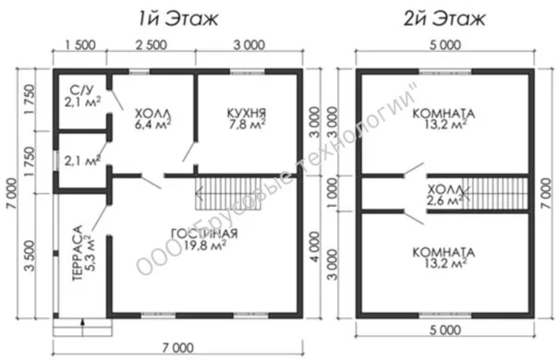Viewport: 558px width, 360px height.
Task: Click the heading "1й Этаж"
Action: (x=178, y=18)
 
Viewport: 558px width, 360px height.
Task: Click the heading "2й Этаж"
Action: (x=445, y=18)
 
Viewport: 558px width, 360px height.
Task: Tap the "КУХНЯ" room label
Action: (x=247, y=114)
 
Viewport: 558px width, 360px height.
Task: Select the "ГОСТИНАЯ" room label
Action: (x=204, y=234)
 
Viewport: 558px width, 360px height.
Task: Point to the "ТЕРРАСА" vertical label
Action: (x=78, y=253)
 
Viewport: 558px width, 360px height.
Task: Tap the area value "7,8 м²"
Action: (x=247, y=125)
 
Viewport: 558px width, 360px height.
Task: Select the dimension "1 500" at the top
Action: (x=80, y=45)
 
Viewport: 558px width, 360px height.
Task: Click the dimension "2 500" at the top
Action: (x=151, y=45)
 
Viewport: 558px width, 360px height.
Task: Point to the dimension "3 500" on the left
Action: (x=30, y=256)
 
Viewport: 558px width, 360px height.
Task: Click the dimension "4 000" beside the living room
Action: (x=315, y=246)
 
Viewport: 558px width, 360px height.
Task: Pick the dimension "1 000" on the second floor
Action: (x=332, y=194)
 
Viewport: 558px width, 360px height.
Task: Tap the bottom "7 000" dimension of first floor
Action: (x=178, y=348)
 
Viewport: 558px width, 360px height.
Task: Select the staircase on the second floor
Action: (x=494, y=194)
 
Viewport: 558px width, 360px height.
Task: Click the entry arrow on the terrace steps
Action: (x=82, y=327)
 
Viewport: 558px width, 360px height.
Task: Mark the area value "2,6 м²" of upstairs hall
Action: (x=445, y=200)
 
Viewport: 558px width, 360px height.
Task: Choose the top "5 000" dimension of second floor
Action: (x=445, y=45)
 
